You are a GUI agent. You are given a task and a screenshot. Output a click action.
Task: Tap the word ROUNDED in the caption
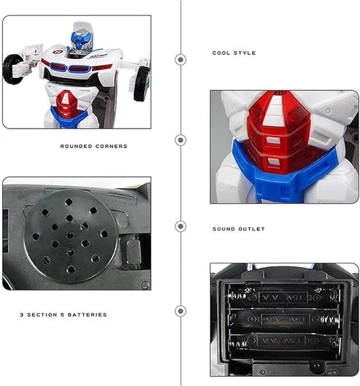click(x=77, y=147)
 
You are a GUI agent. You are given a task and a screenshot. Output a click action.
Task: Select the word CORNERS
click(x=111, y=147)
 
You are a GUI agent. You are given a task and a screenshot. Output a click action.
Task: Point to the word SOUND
click(x=223, y=229)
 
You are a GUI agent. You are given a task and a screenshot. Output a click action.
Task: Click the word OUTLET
click(x=252, y=229)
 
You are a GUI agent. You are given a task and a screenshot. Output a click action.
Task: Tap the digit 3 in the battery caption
click(x=21, y=314)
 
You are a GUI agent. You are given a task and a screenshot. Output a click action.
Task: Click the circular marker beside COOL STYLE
click(x=180, y=60)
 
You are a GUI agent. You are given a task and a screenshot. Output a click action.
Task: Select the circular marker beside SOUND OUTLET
click(x=180, y=226)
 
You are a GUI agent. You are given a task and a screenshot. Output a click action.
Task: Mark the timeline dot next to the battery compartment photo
click(x=180, y=311)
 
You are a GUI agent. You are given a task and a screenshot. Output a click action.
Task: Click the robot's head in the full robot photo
click(x=80, y=40)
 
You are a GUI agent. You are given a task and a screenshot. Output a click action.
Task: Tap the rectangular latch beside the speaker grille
click(x=132, y=252)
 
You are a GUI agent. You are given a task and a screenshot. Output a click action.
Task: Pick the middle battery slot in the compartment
click(x=284, y=320)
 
